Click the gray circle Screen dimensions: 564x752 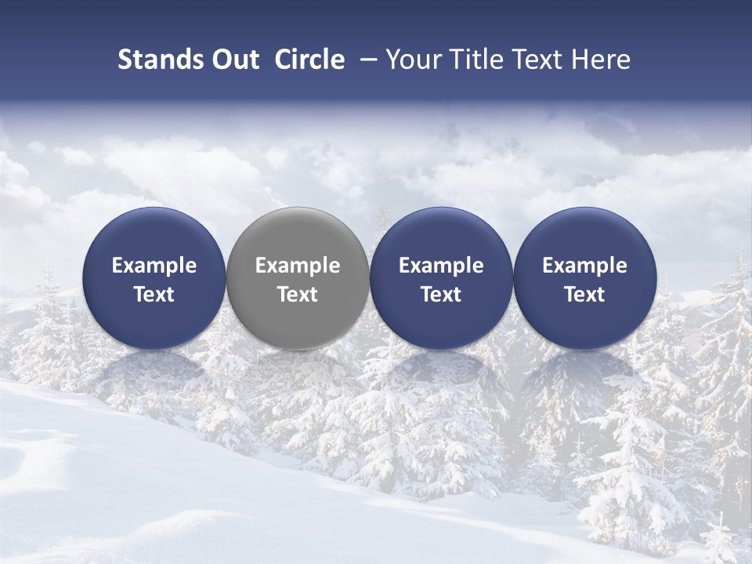pyautogui.click(x=298, y=278)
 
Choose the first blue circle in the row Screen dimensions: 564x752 pyautogui.click(x=154, y=278)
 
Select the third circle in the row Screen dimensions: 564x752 pyautogui.click(x=441, y=278)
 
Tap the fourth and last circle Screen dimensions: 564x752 pyautogui.click(x=584, y=278)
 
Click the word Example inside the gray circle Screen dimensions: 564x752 pyautogui.click(x=298, y=266)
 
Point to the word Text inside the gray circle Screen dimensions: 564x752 pyautogui.click(x=298, y=295)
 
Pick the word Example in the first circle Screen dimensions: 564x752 pyautogui.click(x=154, y=266)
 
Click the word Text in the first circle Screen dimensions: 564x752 pyautogui.click(x=154, y=295)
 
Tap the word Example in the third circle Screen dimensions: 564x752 pyautogui.click(x=441, y=266)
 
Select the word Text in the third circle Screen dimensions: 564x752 pyautogui.click(x=441, y=295)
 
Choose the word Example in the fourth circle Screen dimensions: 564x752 pyautogui.click(x=584, y=266)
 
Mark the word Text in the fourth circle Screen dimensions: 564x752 pyautogui.click(x=584, y=295)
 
